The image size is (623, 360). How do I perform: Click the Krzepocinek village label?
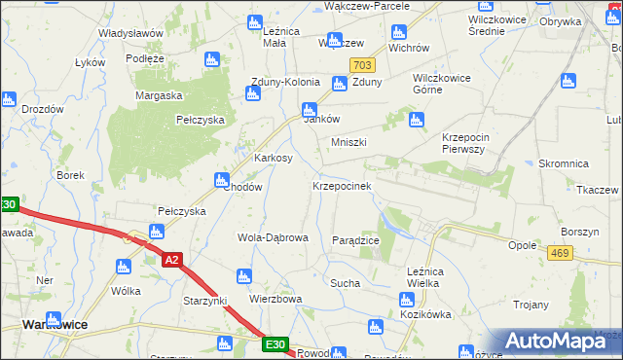342,185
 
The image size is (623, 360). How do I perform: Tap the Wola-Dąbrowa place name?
273,237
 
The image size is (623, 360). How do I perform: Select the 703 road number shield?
363,65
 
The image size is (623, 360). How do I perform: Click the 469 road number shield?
560,253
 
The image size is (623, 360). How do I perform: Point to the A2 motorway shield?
171,260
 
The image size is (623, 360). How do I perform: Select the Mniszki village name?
348,142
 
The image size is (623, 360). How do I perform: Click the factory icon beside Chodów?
221,180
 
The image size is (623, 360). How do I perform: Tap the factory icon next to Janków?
309,110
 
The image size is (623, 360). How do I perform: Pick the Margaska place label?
160,95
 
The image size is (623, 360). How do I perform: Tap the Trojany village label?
529,305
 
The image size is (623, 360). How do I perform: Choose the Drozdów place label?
43,109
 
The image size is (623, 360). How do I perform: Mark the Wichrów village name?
409,47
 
